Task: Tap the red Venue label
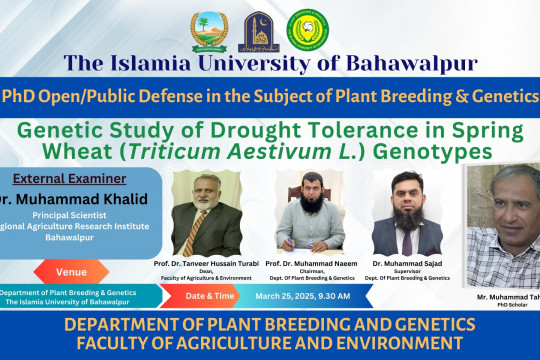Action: tap(70, 271)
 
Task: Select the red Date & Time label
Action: tap(212, 296)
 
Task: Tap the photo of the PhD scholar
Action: tap(502, 228)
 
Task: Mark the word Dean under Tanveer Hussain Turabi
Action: tap(208, 270)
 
